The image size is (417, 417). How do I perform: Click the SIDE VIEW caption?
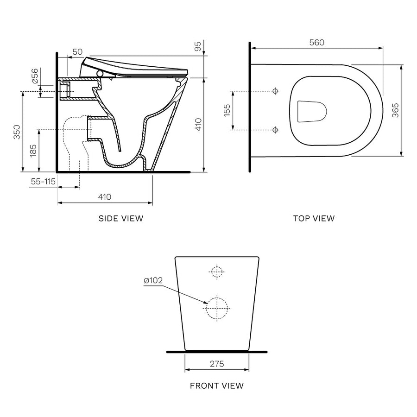(x=121, y=218)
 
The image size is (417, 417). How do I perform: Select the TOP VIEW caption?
(x=314, y=218)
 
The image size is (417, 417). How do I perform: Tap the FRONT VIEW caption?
(x=216, y=385)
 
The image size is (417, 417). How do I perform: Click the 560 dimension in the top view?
(x=316, y=42)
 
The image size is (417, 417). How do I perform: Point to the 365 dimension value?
(x=395, y=110)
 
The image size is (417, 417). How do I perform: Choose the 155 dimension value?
(x=227, y=110)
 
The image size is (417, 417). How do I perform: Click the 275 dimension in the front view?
(x=216, y=364)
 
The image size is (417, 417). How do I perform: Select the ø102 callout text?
(x=153, y=281)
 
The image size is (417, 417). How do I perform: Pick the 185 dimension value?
(x=33, y=150)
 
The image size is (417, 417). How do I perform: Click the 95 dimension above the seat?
(x=198, y=46)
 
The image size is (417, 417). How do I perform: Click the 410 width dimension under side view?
(x=105, y=197)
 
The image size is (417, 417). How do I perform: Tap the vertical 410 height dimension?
(x=198, y=125)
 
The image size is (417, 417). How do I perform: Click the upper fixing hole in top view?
(x=275, y=91)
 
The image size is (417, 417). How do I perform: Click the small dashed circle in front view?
(x=216, y=272)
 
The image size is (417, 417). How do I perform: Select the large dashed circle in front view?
(x=217, y=308)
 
